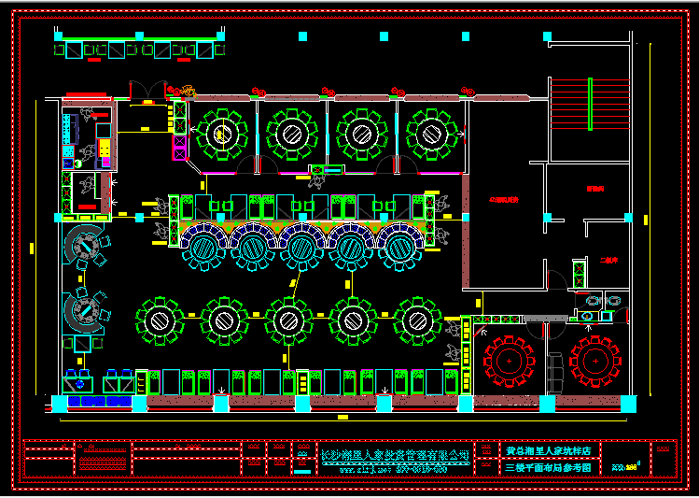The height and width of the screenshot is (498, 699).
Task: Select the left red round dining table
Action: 510,358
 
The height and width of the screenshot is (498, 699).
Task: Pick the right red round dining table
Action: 594,358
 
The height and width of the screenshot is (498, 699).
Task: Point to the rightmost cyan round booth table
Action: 400,249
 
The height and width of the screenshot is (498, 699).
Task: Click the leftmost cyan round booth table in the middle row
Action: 202,249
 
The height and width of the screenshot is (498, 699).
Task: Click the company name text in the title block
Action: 394,454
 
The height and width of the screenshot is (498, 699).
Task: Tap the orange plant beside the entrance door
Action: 189,92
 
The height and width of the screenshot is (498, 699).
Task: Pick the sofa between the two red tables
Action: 554,370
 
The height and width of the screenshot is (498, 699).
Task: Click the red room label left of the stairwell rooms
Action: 503,200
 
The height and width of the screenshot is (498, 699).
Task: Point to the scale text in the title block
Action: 622,465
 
